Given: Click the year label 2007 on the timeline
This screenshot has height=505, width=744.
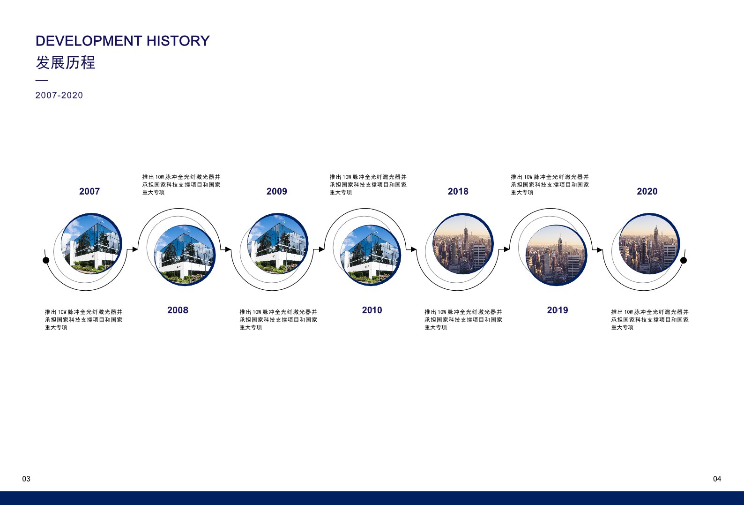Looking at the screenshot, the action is tap(89, 191).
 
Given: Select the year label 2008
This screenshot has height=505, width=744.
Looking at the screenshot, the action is tap(178, 310).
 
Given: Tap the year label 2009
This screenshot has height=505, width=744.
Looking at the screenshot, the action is tap(277, 191).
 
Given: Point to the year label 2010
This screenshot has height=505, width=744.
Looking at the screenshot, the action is tap(372, 310).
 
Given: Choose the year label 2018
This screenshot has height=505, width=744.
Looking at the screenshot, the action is tap(458, 191).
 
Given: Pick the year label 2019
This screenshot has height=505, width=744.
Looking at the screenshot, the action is tap(558, 310).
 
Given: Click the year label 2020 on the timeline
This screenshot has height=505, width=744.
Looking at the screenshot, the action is tap(647, 191).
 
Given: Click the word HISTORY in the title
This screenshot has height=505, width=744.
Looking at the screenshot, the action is tap(178, 41).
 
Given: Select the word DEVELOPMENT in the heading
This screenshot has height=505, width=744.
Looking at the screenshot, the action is tap(89, 41).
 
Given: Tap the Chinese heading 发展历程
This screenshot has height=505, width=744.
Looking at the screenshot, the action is tap(66, 62).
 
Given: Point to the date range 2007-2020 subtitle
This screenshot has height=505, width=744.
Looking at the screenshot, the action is tap(59, 95).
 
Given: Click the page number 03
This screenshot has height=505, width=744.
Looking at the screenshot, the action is tap(26, 479).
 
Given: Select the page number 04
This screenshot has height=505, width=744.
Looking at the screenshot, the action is tap(717, 479).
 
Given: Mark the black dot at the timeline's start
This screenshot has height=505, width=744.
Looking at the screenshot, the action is tap(46, 260).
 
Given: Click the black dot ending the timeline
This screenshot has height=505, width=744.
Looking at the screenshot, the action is tap(684, 260).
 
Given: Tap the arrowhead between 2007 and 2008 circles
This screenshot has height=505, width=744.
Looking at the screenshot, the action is tap(135, 249).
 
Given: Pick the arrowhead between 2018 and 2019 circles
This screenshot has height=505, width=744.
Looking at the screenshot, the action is tap(506, 249).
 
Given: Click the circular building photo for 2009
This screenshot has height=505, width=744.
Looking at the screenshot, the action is tap(278, 243).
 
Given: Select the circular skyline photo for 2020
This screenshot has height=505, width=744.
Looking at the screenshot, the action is tap(649, 243).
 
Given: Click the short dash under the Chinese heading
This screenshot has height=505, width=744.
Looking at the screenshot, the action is tap(42, 81).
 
